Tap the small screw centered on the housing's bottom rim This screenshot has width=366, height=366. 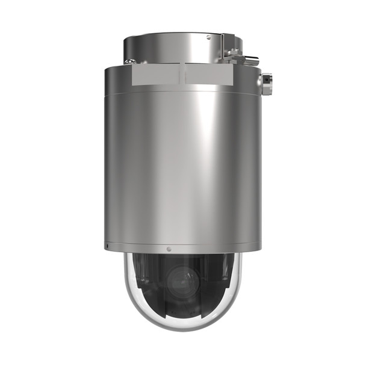(x=169, y=249)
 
